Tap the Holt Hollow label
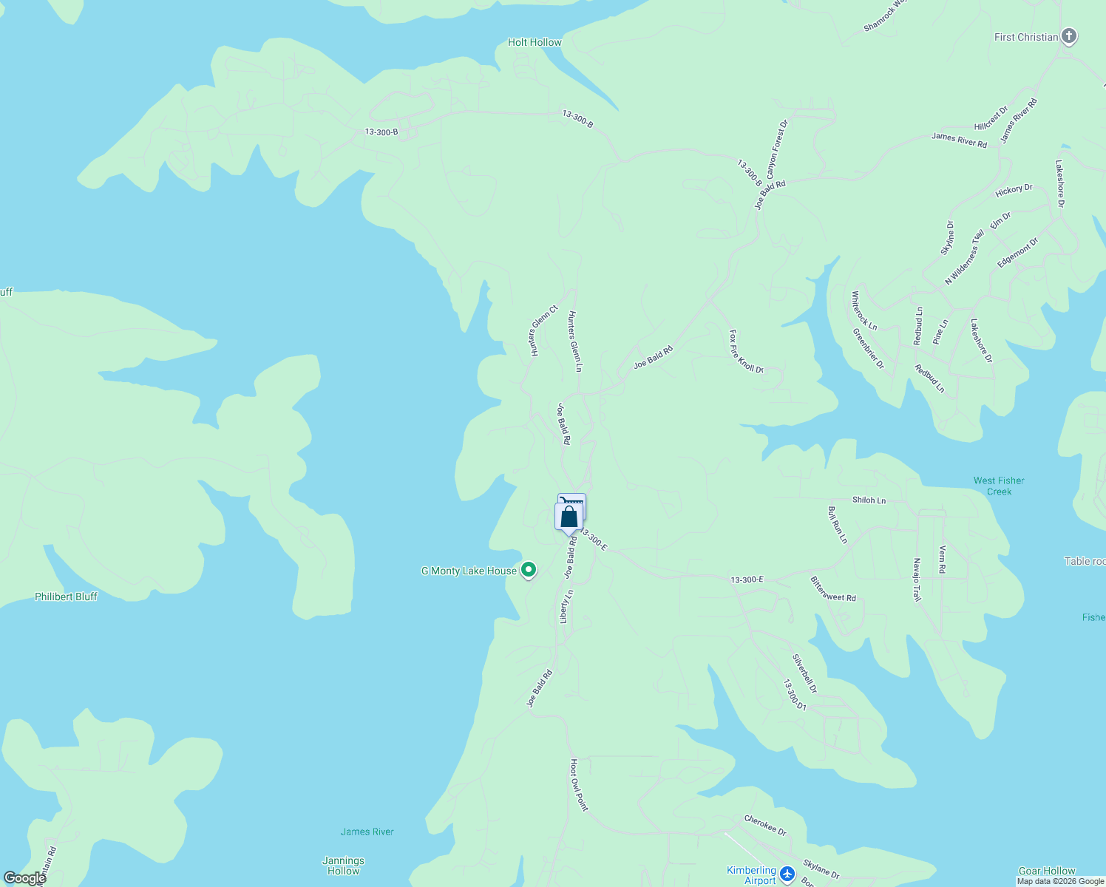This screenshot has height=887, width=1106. [x=535, y=42]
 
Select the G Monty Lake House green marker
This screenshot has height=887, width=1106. [x=529, y=570]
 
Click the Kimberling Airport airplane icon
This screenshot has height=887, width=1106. [x=787, y=874]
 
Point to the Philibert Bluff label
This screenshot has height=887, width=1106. [x=66, y=597]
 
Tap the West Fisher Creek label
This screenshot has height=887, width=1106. [x=999, y=486]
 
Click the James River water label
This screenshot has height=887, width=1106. [x=367, y=832]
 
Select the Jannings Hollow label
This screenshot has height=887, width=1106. [x=343, y=866]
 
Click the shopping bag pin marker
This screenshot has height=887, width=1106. [x=569, y=517]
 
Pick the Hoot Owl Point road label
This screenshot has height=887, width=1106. [x=578, y=784]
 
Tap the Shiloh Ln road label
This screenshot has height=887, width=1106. [x=869, y=500]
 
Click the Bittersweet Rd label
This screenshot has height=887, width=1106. [x=833, y=589]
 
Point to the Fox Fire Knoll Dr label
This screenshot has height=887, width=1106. [x=746, y=352]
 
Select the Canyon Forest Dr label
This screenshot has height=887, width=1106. [x=777, y=150]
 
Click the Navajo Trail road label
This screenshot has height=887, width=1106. [x=917, y=580]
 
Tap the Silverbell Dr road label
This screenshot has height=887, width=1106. [x=804, y=673]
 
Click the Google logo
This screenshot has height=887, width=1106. [x=24, y=878]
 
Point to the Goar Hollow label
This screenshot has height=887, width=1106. [x=1047, y=871]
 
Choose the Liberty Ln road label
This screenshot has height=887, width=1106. [x=566, y=605]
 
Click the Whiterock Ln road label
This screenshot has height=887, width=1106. [x=864, y=310]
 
